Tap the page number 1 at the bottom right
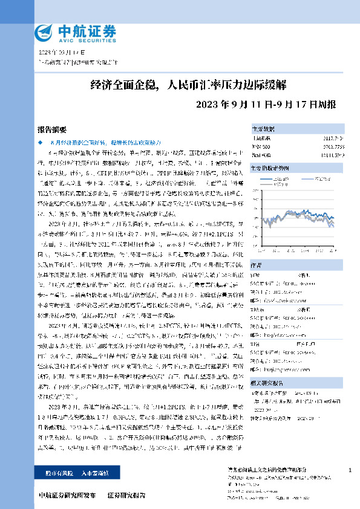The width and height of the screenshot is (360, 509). pyautogui.click(x=351, y=470)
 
